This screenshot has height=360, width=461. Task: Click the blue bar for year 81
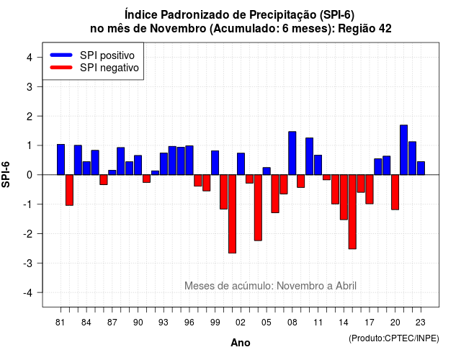point(61,160)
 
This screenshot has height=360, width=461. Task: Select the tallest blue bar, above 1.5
point(403,150)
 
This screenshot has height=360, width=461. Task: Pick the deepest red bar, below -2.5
point(232,214)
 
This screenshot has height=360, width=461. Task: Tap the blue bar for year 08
point(292,153)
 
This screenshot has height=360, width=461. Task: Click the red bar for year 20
point(395,192)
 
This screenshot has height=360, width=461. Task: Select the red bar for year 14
point(344,197)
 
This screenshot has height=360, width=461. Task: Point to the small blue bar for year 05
point(267,171)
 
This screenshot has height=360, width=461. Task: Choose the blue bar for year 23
point(421,168)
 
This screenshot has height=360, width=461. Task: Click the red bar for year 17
point(370,189)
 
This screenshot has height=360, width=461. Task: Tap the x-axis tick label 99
point(215,323)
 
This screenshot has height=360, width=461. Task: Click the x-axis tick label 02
point(241,323)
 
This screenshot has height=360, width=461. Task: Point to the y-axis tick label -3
point(28,263)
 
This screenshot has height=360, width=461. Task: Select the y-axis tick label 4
point(30,57)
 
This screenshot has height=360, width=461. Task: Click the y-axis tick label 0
point(30,175)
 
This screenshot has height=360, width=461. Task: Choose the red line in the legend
point(61,68)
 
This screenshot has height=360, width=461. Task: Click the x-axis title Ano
point(241,343)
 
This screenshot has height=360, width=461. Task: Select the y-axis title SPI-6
point(6,174)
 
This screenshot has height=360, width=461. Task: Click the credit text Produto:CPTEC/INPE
point(394,338)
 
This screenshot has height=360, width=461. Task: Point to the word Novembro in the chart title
point(178,29)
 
